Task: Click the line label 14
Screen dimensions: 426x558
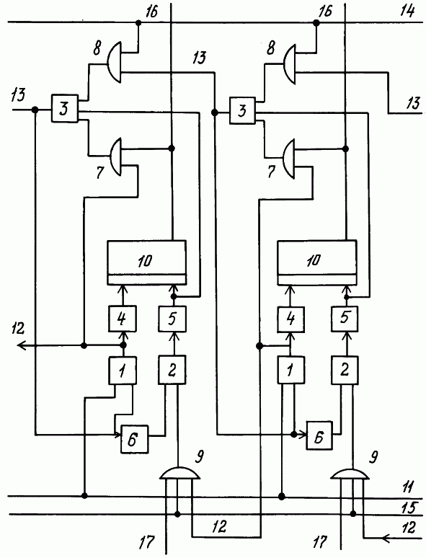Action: [407, 11]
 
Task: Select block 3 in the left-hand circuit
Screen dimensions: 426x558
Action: [64, 109]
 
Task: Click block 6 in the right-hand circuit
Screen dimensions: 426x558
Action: [319, 435]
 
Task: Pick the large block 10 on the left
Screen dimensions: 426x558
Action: [146, 262]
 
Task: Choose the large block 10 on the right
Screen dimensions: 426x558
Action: [316, 262]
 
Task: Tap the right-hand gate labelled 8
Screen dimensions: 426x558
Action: [289, 64]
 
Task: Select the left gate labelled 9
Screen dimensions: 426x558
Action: [178, 473]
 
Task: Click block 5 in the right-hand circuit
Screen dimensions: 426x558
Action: [345, 318]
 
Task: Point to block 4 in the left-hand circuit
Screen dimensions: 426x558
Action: [122, 319]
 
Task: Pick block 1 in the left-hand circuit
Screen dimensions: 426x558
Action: [122, 371]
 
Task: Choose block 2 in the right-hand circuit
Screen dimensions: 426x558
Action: [345, 371]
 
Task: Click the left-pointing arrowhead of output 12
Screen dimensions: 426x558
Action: [22, 345]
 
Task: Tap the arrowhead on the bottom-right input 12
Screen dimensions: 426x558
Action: [386, 539]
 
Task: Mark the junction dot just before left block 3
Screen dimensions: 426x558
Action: [35, 110]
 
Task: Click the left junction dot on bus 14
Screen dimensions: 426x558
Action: [139, 23]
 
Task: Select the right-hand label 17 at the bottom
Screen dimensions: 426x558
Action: [320, 542]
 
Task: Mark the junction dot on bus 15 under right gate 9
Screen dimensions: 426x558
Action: [353, 514]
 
